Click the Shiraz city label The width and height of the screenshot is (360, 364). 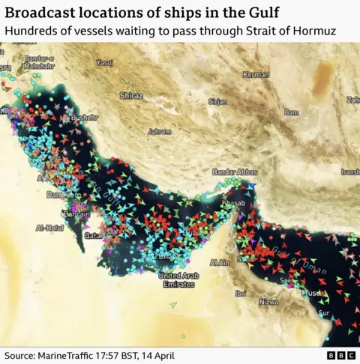pos(131,96)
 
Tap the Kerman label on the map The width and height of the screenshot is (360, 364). pos(256,75)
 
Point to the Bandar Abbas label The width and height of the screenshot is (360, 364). pos(235,172)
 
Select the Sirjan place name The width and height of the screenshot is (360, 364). pos(217,101)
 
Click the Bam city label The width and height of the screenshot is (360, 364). pos(291,112)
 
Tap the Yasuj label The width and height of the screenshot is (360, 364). pos(105,63)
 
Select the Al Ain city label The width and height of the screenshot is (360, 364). pos(220,263)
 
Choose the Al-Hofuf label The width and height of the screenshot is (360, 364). pos(49,228)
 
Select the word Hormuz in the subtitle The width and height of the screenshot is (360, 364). pos(315,30)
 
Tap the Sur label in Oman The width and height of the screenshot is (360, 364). pos(324,312)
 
